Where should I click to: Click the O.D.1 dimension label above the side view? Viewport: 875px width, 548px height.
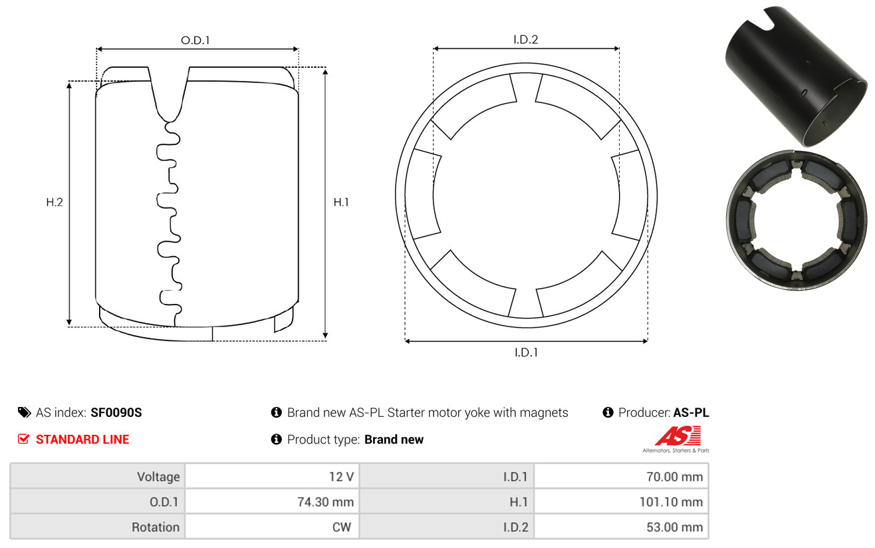195,40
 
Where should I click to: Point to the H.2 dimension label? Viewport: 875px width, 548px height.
55,202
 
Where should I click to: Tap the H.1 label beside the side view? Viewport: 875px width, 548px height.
341,202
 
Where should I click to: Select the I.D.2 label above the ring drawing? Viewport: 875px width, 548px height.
525,39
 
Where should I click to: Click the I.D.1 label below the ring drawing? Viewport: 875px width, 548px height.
526,352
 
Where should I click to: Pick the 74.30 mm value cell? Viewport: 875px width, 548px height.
325,502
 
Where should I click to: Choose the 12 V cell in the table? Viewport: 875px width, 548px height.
341,477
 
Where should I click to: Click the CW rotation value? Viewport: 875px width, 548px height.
342,527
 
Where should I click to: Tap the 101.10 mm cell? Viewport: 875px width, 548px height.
671,502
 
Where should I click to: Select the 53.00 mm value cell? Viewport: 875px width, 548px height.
675,527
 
